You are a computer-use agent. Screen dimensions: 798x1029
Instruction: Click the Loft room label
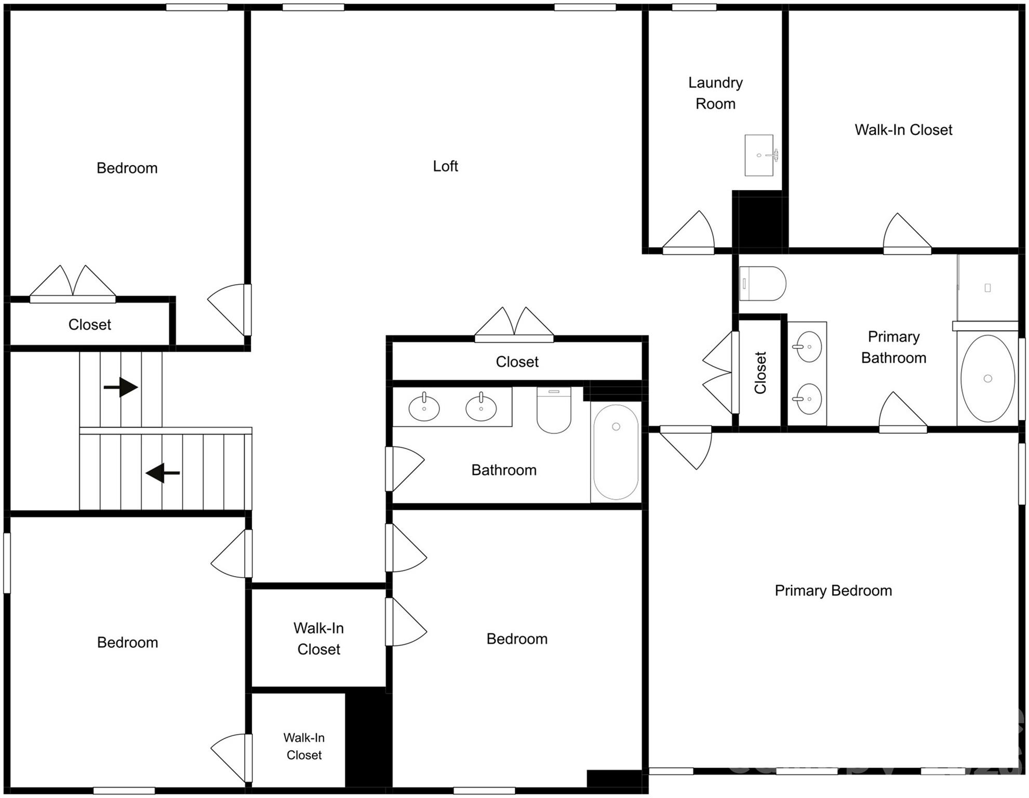(445, 166)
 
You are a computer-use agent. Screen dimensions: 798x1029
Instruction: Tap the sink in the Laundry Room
(759, 155)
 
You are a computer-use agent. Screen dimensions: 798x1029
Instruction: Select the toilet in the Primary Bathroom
(763, 284)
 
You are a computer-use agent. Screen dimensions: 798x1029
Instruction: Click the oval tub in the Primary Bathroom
(987, 378)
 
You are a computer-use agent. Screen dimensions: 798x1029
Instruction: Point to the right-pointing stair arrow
(121, 387)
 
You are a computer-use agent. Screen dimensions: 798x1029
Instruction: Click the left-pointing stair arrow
(163, 473)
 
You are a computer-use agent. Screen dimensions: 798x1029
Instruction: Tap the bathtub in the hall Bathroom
(616, 452)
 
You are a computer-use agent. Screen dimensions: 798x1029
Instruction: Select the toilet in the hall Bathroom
(554, 410)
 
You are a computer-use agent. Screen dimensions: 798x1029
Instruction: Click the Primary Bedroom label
(833, 591)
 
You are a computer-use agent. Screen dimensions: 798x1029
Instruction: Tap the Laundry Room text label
(715, 94)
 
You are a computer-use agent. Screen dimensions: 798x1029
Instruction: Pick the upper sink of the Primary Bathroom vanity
(808, 347)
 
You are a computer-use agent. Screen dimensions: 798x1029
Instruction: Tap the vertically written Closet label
(760, 373)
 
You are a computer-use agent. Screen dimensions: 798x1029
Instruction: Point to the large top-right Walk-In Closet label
(903, 130)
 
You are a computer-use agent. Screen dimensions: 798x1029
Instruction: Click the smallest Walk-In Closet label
(304, 746)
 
